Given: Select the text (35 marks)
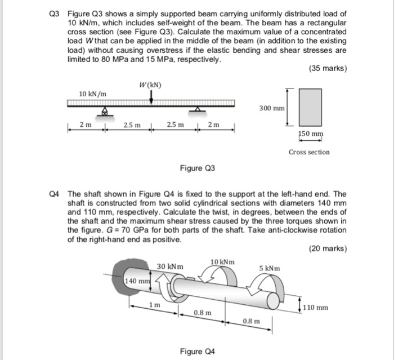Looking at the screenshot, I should pyautogui.click(x=328, y=69).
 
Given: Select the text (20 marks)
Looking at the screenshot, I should pyautogui.click(x=328, y=248).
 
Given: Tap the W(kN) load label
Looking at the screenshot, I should pyautogui.click(x=150, y=85).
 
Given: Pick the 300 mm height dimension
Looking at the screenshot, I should pyautogui.click(x=272, y=107).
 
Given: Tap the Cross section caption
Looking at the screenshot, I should pyautogui.click(x=309, y=152).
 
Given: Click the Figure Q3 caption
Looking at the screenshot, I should pyautogui.click(x=197, y=168).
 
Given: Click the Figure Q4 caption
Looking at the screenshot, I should pyautogui.click(x=197, y=352).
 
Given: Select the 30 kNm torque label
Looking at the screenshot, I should pyautogui.click(x=169, y=266).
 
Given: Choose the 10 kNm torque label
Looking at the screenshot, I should pyautogui.click(x=222, y=262).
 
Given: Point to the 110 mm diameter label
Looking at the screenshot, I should pyautogui.click(x=315, y=308).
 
